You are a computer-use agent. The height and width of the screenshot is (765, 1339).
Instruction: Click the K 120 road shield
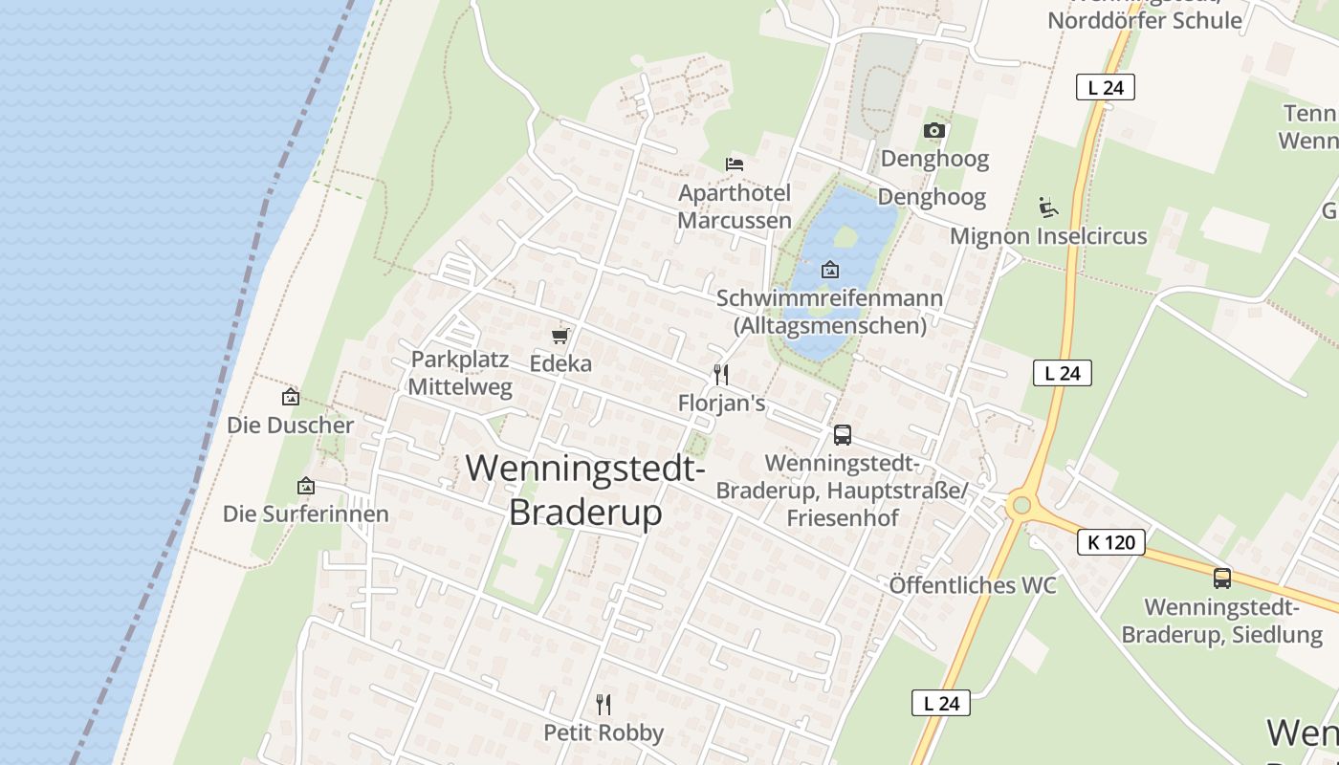[x=1111, y=542]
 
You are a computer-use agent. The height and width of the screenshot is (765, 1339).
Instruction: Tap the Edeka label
[x=560, y=363]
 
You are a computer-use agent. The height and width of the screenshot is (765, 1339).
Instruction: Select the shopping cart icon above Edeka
[x=560, y=336]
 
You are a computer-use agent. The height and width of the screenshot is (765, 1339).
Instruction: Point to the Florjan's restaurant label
[x=721, y=404]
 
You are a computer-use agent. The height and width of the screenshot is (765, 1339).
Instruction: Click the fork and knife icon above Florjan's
[x=721, y=375]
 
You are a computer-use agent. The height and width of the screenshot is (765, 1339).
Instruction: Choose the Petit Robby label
[x=604, y=732]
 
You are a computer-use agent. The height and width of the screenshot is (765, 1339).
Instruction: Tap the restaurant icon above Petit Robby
[x=604, y=705]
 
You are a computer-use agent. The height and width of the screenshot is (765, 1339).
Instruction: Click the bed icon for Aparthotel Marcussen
[x=735, y=164]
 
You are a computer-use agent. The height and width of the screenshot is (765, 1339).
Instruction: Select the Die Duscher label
[x=291, y=426]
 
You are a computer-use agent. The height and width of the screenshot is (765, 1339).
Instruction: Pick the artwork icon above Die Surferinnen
[x=306, y=486]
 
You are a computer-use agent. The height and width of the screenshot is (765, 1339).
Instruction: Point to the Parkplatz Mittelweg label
[x=460, y=373]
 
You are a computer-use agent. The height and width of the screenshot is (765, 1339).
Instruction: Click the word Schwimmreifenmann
[x=829, y=298]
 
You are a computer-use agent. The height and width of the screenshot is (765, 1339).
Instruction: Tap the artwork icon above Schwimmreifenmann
[x=830, y=270]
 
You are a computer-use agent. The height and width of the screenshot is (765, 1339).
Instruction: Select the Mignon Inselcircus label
[x=1048, y=236]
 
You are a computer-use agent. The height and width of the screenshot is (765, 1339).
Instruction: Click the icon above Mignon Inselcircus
[x=1048, y=207]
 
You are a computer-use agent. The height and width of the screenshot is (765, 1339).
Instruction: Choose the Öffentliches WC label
[x=973, y=584]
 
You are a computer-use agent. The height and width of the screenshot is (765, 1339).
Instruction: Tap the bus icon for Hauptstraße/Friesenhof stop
[x=843, y=435]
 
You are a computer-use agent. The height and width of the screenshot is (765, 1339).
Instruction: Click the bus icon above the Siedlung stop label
[x=1222, y=578]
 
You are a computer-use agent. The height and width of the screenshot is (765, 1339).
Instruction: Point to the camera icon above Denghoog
[x=934, y=130]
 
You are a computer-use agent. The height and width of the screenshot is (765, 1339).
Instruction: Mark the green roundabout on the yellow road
[x=1021, y=505]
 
